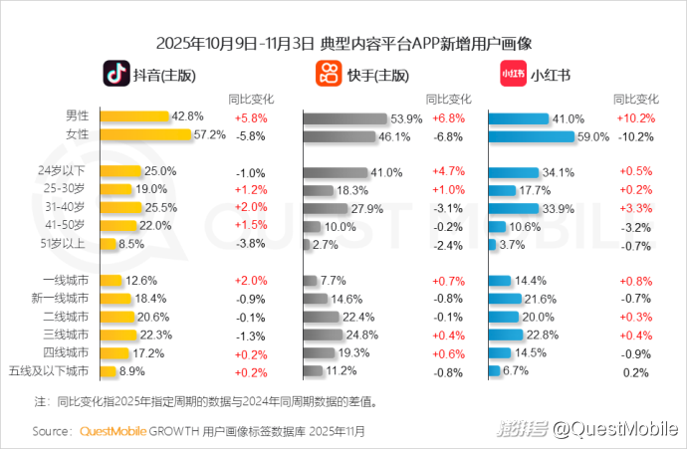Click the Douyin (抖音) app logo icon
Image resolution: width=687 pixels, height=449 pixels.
tap(117, 74)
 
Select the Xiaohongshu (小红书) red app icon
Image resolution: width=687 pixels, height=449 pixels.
tap(512, 74)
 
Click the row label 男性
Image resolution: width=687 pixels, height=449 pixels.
tap(77, 116)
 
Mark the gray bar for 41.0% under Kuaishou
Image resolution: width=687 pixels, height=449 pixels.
tap(336, 172)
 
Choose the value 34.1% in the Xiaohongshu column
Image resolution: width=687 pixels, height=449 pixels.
tap(559, 172)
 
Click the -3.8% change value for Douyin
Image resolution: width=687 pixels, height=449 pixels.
tap(250, 242)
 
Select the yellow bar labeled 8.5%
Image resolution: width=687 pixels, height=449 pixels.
tap(108, 243)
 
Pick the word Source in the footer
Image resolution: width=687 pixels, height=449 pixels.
tap(51, 431)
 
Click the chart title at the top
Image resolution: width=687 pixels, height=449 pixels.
tap(344, 44)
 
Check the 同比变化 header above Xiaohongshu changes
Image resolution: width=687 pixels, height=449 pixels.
tap(635, 99)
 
